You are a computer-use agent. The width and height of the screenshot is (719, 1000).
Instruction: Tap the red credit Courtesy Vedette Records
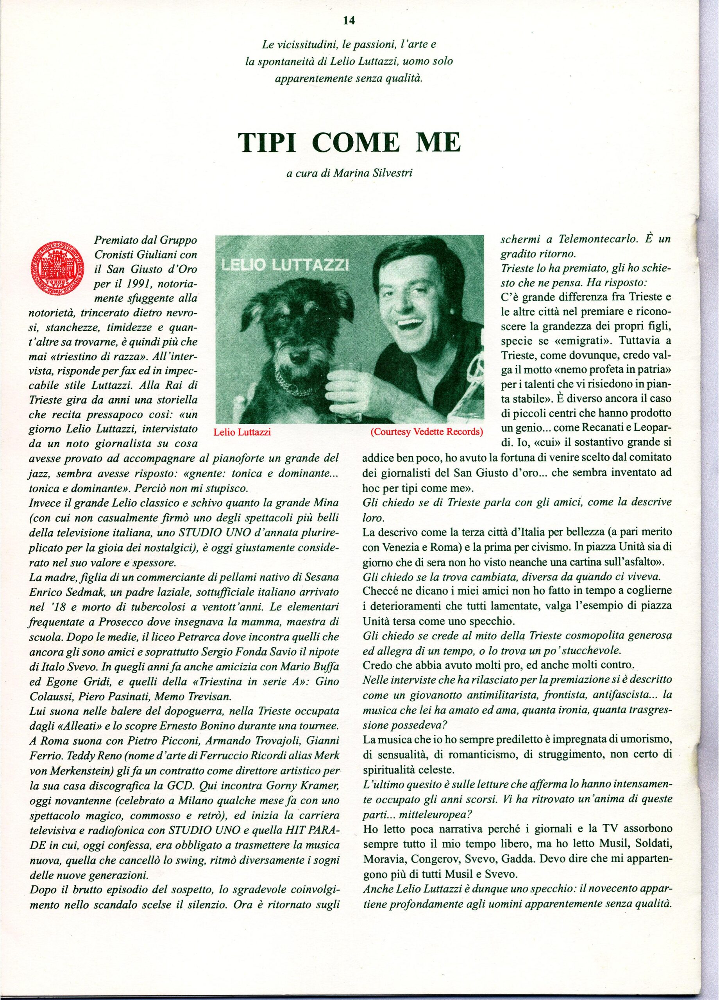pos(426,432)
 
